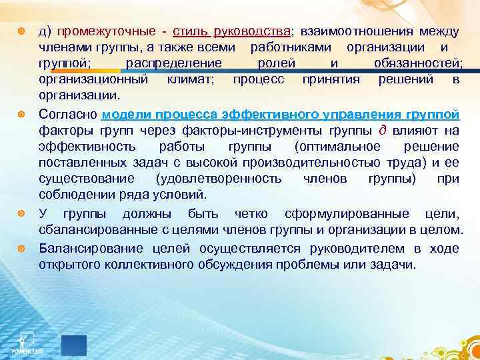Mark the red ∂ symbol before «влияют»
(383, 130)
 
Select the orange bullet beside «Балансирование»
(23, 249)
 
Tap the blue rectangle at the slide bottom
(74, 345)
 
